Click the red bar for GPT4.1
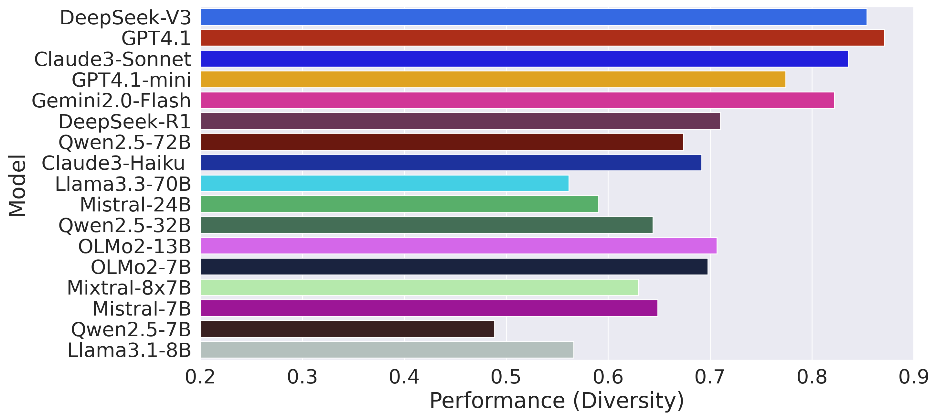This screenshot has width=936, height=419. tap(542, 38)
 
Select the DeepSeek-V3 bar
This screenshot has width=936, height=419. tap(533, 17)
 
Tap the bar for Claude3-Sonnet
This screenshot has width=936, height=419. tap(524, 59)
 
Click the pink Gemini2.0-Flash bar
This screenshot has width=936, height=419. tap(517, 100)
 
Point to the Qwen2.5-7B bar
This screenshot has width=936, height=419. tap(347, 329)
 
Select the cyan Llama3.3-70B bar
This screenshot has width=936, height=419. tap(384, 183)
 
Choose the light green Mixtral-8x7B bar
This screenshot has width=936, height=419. tap(419, 287)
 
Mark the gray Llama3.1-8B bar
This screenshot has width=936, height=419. tap(387, 349)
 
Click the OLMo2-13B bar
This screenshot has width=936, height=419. tap(459, 246)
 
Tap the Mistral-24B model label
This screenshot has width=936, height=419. tap(135, 205)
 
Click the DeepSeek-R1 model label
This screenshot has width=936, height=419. tap(124, 121)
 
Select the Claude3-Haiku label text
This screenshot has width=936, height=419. tap(113, 163)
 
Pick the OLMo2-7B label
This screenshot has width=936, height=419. tap(141, 267)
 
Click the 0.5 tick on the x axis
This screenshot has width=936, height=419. tap(506, 377)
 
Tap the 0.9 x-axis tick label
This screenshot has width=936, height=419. tap(913, 377)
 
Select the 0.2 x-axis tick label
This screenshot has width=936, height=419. tap(200, 377)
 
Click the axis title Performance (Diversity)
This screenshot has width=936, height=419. tap(557, 401)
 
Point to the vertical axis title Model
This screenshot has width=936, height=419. tap(17, 185)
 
